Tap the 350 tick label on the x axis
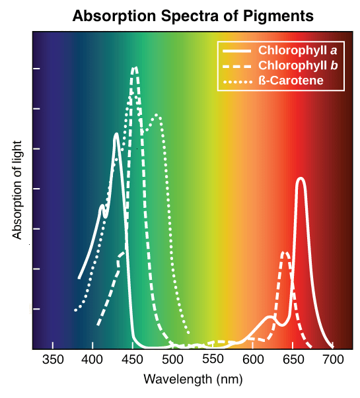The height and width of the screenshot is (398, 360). pos(52,360)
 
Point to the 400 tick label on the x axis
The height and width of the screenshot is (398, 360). pos(92,360)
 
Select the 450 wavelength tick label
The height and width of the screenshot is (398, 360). pos(133,360)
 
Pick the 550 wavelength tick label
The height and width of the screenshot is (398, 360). pos(213,360)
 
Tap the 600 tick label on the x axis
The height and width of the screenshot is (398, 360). pos(253,360)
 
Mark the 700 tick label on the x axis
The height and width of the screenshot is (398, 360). pos(333,360)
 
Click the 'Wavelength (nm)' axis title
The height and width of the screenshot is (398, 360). pos(192,380)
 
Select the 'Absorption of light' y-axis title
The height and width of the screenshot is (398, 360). pos(17,189)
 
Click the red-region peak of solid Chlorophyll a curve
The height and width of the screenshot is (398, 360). pos(301,178)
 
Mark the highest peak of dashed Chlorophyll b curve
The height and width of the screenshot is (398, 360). pos(135,67)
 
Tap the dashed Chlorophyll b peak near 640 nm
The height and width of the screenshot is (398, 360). pos(285,251)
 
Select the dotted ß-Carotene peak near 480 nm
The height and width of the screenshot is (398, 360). pos(157,115)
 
